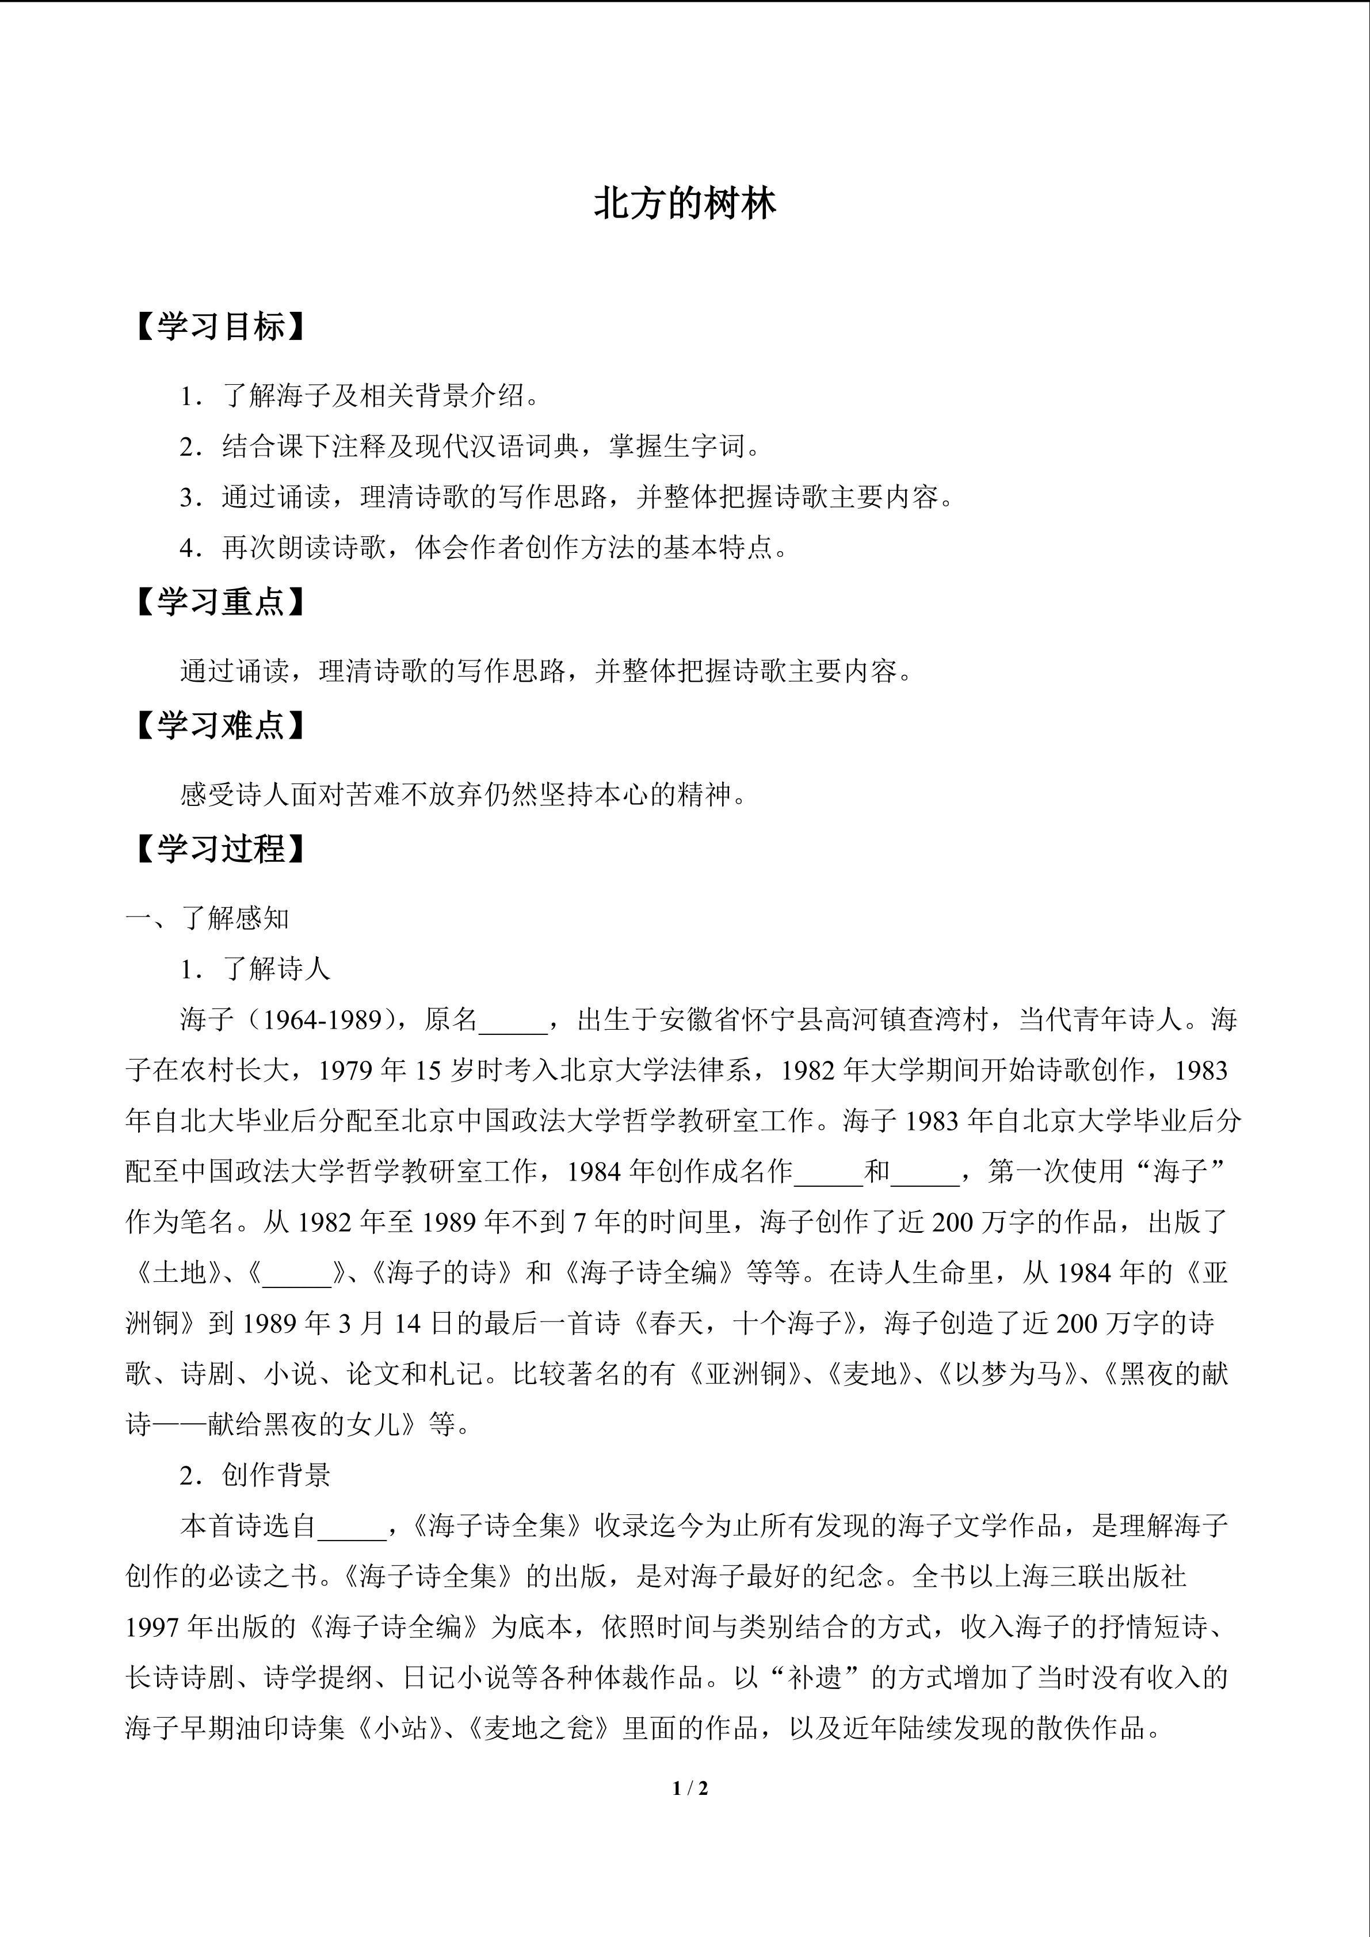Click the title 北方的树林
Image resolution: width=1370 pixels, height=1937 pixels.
click(684, 205)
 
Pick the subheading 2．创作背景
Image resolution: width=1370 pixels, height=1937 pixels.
click(255, 1474)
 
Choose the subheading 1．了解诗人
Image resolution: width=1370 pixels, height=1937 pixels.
click(255, 969)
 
